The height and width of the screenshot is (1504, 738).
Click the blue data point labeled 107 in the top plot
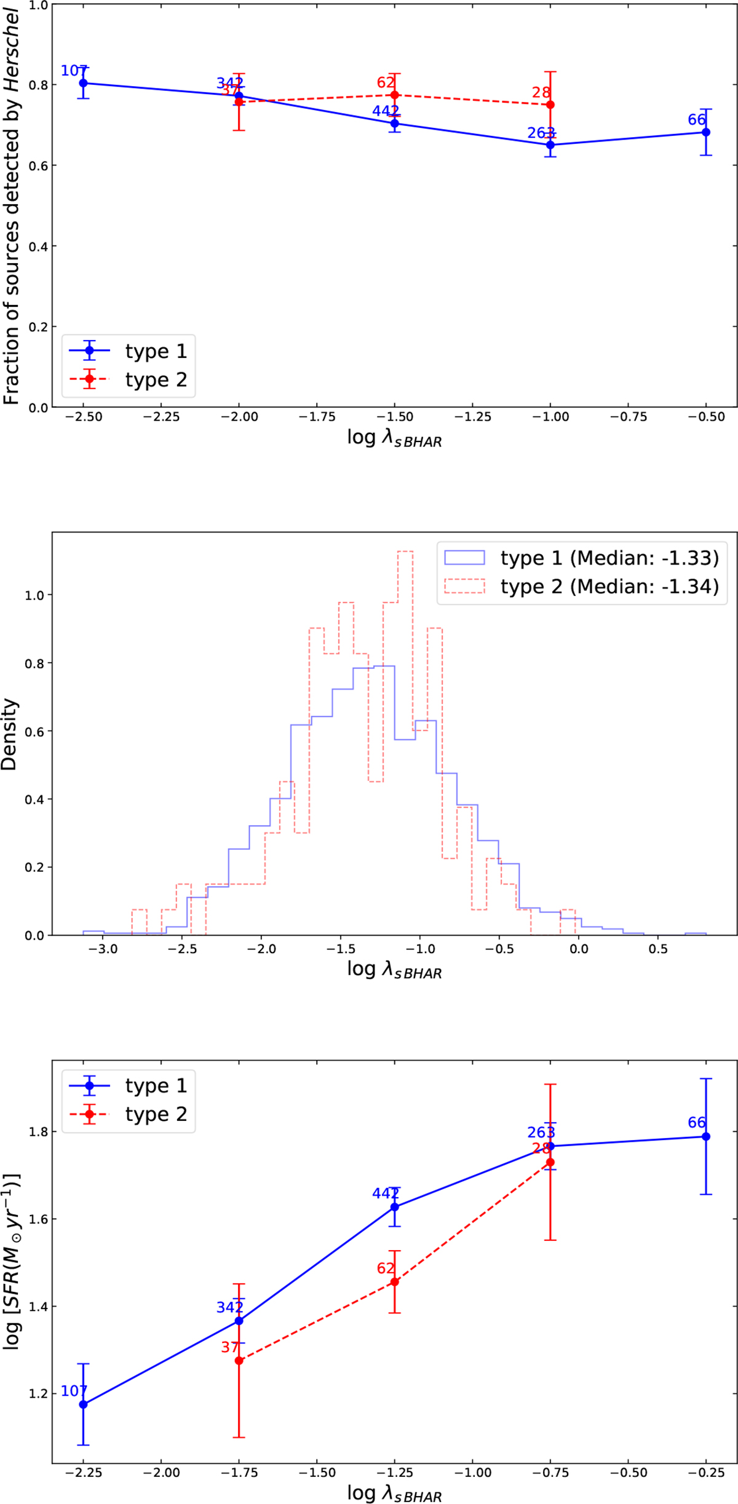click(84, 83)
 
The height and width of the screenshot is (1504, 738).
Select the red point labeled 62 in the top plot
click(395, 95)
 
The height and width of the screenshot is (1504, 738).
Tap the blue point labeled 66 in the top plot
click(706, 132)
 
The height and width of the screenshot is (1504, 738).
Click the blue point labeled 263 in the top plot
click(550, 145)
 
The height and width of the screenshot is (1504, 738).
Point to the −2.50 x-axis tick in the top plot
click(84, 417)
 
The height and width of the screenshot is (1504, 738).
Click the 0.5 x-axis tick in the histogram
click(657, 949)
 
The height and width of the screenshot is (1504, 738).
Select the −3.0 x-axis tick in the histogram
click(103, 949)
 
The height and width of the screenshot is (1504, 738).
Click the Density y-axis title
click(10, 734)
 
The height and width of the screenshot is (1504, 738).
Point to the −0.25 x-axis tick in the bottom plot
click(706, 1473)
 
